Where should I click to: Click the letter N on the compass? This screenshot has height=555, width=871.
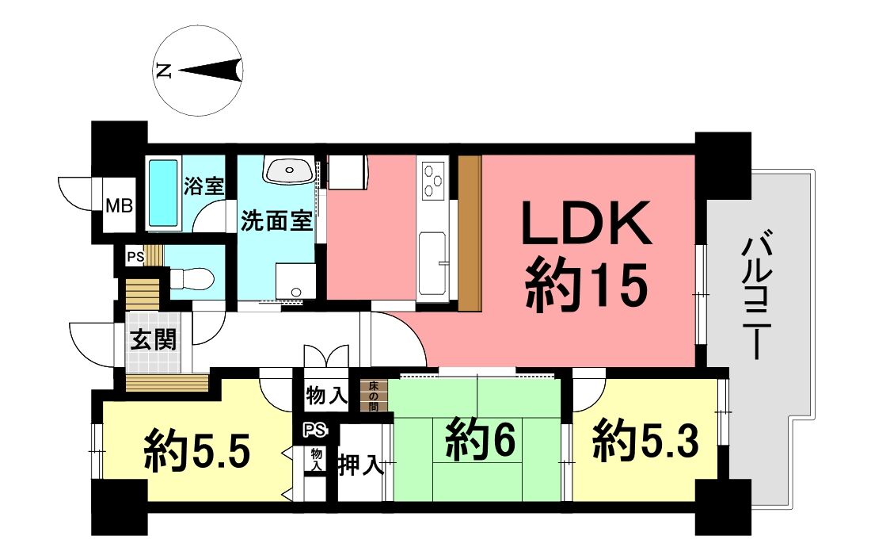click(163, 71)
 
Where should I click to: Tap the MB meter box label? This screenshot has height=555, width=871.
click(120, 206)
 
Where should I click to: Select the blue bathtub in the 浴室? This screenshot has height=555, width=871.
click(163, 193)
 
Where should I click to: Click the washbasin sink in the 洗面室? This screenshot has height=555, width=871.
click(287, 169)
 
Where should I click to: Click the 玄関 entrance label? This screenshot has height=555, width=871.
click(154, 339)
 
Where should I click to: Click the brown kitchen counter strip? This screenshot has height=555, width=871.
click(470, 233)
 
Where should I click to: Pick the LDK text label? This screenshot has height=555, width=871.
click(587, 224)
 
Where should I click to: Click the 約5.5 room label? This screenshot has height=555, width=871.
click(198, 451)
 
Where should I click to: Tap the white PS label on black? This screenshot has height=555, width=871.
click(314, 430)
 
